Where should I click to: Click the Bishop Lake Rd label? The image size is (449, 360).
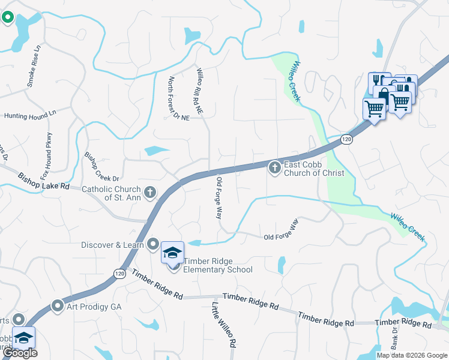pyautogui.click(x=44, y=182)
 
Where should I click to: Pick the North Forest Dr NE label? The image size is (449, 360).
pyautogui.click(x=179, y=98)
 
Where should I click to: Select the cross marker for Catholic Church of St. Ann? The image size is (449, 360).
pyautogui.click(x=150, y=193)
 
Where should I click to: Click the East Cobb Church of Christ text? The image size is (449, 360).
pyautogui.click(x=314, y=169)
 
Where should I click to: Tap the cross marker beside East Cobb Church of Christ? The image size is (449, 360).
pyautogui.click(x=275, y=168)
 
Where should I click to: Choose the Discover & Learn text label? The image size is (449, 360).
pyautogui.click(x=113, y=245)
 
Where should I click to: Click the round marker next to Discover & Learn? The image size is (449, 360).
pyautogui.click(x=153, y=244)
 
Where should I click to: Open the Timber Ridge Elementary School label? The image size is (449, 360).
pyautogui.click(x=218, y=265)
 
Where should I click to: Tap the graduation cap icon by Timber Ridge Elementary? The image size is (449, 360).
pyautogui.click(x=172, y=253)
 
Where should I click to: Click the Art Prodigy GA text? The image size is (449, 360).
pyautogui.click(x=95, y=306)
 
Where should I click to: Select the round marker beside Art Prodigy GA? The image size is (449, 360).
pyautogui.click(x=58, y=306)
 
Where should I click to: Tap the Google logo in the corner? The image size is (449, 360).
pyautogui.click(x=19, y=353)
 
